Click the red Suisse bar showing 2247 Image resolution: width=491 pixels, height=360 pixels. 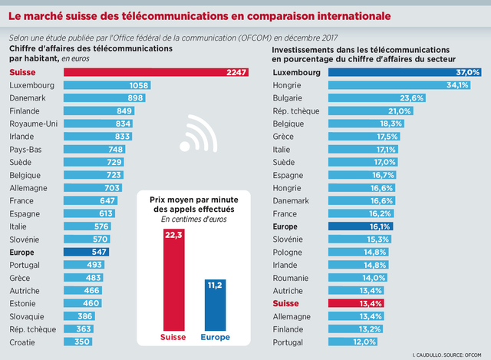[x=153, y=72]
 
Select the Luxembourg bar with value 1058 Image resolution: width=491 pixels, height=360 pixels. [x=107, y=85]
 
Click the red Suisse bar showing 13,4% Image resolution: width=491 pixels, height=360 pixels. [x=356, y=303]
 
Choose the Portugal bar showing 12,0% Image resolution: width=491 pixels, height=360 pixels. [x=354, y=342]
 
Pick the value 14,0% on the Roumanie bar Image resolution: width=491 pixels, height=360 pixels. [x=374, y=278]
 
